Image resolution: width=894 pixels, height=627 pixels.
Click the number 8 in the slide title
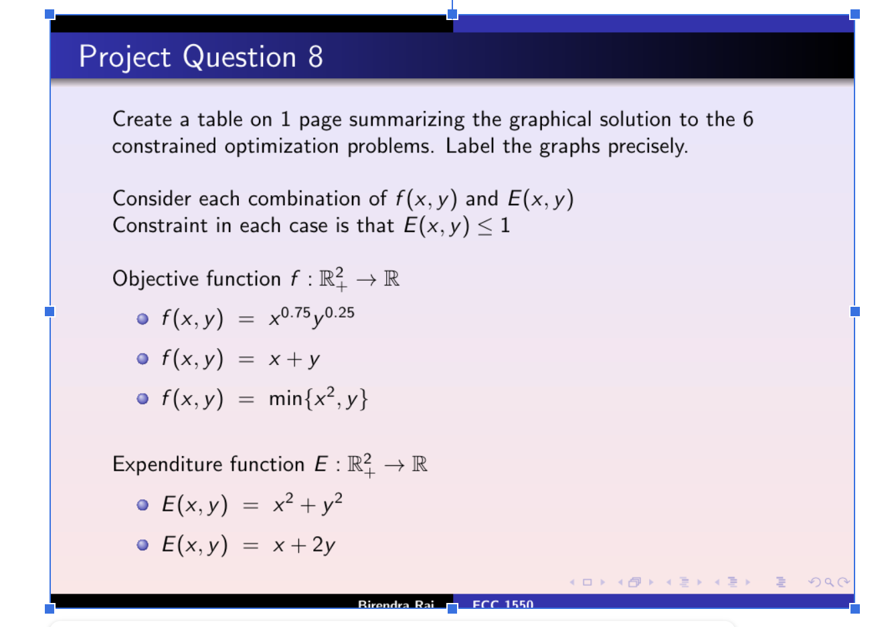pyautogui.click(x=315, y=57)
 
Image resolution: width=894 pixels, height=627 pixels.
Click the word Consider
pyautogui.click(x=151, y=199)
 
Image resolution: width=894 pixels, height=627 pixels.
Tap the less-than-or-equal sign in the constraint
pyautogui.click(x=486, y=227)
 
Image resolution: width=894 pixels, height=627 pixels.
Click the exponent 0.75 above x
pyautogui.click(x=295, y=313)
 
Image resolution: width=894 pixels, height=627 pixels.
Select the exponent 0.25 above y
pyautogui.click(x=339, y=313)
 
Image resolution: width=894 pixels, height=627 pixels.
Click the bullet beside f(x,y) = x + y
pyautogui.click(x=143, y=359)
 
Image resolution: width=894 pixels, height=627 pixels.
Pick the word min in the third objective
pyautogui.click(x=286, y=399)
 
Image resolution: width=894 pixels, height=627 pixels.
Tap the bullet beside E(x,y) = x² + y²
pyautogui.click(x=143, y=505)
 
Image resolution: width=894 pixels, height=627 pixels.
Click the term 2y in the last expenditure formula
pyautogui.click(x=323, y=545)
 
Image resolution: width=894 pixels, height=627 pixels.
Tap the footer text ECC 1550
pyautogui.click(x=503, y=604)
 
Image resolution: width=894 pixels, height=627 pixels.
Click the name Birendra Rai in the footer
pyautogui.click(x=396, y=604)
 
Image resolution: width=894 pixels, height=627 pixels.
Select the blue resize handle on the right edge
pyautogui.click(x=855, y=311)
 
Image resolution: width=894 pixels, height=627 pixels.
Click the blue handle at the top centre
pyautogui.click(x=452, y=14)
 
